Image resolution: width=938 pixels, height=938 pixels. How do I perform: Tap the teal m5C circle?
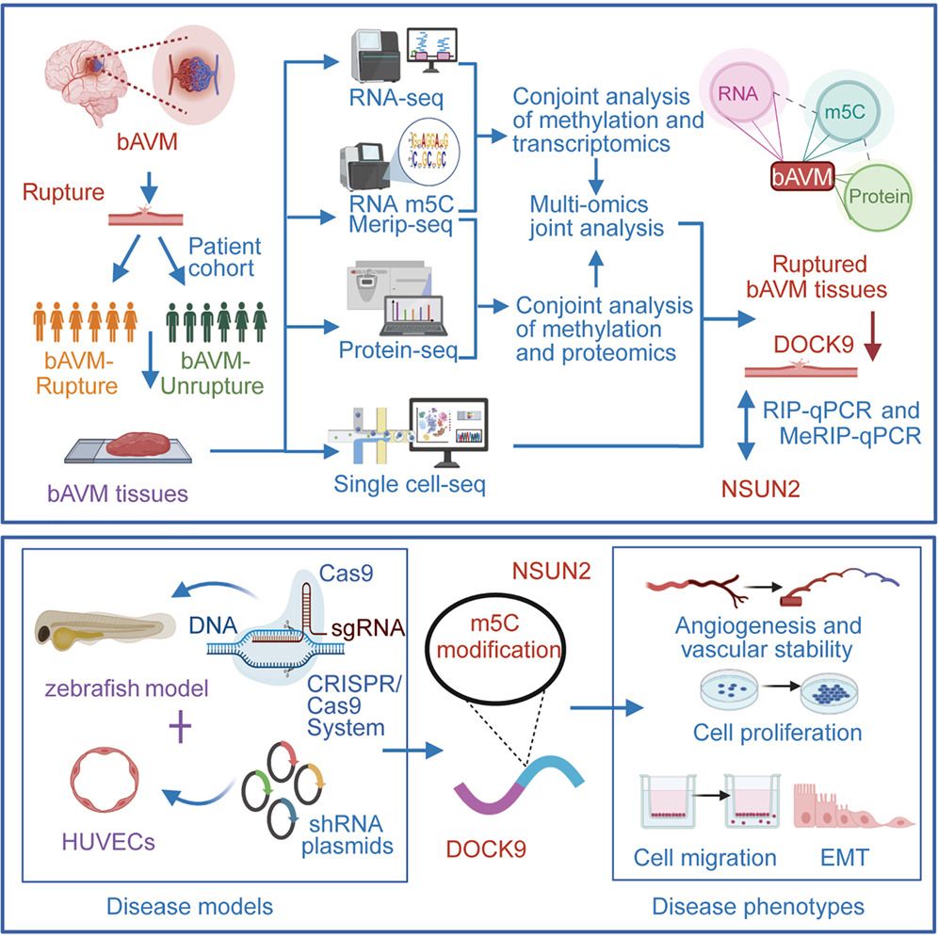842,114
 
